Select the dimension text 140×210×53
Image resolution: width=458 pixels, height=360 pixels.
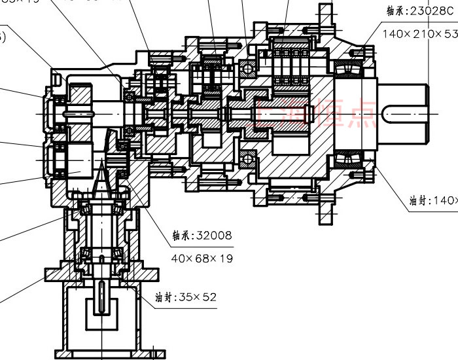419,33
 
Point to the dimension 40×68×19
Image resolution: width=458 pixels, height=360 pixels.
202,258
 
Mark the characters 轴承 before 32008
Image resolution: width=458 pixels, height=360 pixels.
181,235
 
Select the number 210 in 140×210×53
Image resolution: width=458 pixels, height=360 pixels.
419,33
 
